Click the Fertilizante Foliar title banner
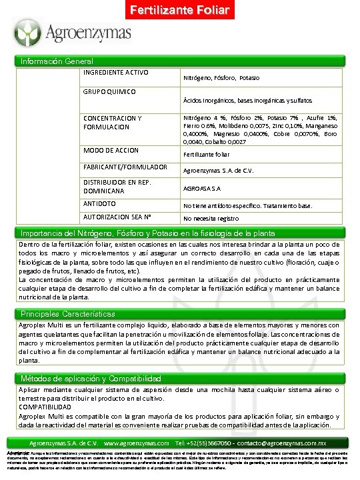click(x=179, y=11)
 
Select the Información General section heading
click(x=57, y=61)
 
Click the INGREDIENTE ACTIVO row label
click(x=115, y=72)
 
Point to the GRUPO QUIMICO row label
click(x=109, y=91)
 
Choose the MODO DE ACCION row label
click(x=111, y=150)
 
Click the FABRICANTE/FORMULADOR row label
click(x=125, y=167)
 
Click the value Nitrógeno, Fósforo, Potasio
click(x=221, y=78)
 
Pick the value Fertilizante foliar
click(x=211, y=154)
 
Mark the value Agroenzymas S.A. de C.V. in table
click(x=220, y=170)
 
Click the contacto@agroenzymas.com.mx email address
click(x=274, y=443)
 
